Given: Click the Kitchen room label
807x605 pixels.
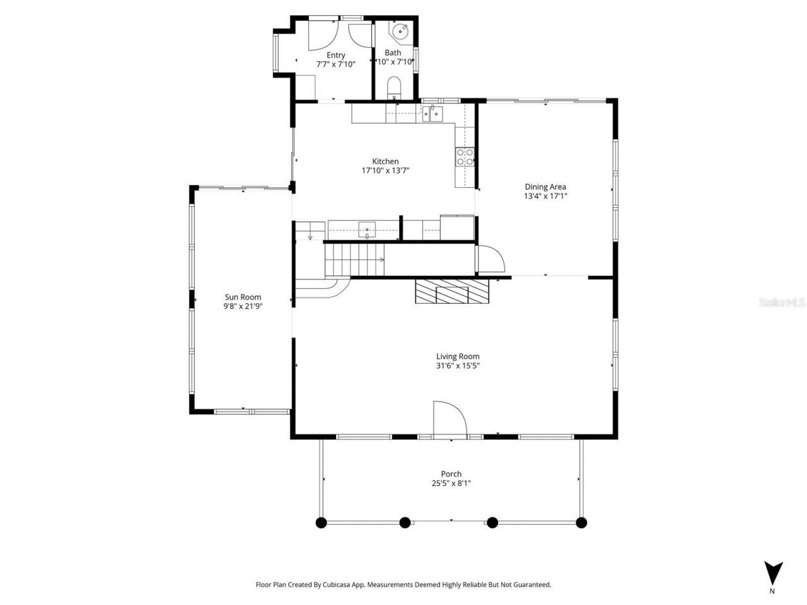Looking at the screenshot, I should point(385,161).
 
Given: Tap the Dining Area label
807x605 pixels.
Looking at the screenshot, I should point(545,187).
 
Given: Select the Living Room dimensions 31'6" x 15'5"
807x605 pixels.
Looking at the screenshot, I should point(458,366).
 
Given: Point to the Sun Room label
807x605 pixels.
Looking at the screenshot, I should point(243,297).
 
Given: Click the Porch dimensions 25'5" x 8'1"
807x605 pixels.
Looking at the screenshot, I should point(451,483).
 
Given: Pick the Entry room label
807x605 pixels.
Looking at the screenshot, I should point(335,55).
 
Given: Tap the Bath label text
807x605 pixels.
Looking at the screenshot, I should point(393,53).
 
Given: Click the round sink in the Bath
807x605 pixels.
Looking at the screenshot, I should point(400,30).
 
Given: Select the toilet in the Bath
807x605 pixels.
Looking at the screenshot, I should point(394,87).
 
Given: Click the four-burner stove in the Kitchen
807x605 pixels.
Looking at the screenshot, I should point(465,157).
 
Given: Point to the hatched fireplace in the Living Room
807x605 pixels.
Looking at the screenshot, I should point(451,291).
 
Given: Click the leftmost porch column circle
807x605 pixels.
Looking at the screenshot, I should point(321,522).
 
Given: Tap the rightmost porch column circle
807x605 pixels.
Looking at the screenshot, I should point(581,522).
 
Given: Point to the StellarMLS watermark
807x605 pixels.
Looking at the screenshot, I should point(781,302).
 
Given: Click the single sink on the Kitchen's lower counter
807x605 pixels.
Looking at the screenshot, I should point(367,230).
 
